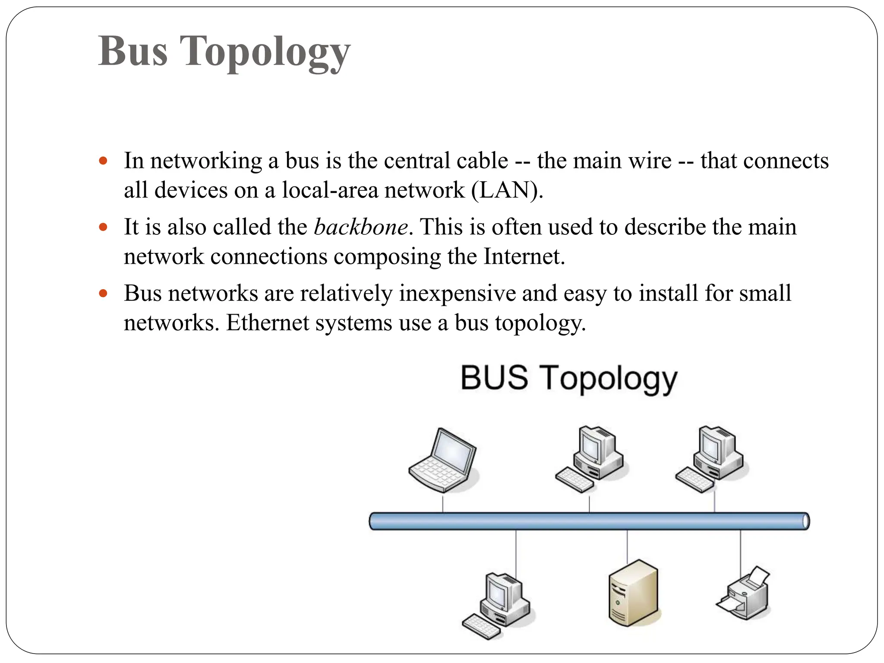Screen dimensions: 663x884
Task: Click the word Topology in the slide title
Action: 264,52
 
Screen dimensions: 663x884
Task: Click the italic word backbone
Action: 361,227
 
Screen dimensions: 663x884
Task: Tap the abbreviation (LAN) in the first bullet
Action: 507,190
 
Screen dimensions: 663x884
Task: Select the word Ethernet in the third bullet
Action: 268,323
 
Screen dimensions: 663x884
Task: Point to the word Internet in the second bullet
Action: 524,256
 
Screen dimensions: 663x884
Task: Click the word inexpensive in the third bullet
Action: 457,294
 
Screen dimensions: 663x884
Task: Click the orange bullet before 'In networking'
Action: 103,161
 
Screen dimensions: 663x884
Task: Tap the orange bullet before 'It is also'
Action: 103,227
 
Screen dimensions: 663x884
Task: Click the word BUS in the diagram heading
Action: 494,378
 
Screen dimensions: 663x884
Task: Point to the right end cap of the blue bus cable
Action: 805,521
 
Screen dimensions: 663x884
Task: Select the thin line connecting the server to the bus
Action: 627,546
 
